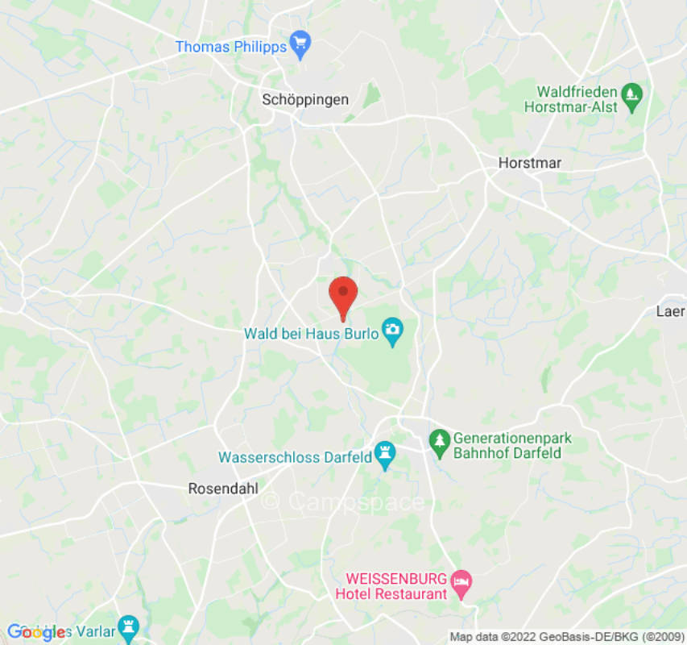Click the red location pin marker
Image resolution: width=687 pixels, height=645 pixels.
tap(343, 295)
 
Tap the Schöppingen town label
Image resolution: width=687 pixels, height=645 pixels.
tap(305, 100)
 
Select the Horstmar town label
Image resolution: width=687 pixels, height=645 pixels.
tap(529, 163)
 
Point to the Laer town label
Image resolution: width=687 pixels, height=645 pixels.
tap(670, 311)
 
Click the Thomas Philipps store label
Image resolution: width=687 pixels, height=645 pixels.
tap(231, 47)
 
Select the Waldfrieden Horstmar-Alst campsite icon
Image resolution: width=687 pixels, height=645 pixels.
tap(632, 94)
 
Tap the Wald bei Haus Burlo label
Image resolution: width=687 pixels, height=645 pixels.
tap(312, 333)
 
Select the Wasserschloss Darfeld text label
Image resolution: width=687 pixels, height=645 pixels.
tap(295, 457)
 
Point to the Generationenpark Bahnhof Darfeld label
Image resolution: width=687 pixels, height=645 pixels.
tap(512, 446)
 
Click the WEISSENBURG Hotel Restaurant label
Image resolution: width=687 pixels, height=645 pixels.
tap(396, 586)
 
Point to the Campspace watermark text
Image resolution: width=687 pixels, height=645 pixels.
tap(344, 501)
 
